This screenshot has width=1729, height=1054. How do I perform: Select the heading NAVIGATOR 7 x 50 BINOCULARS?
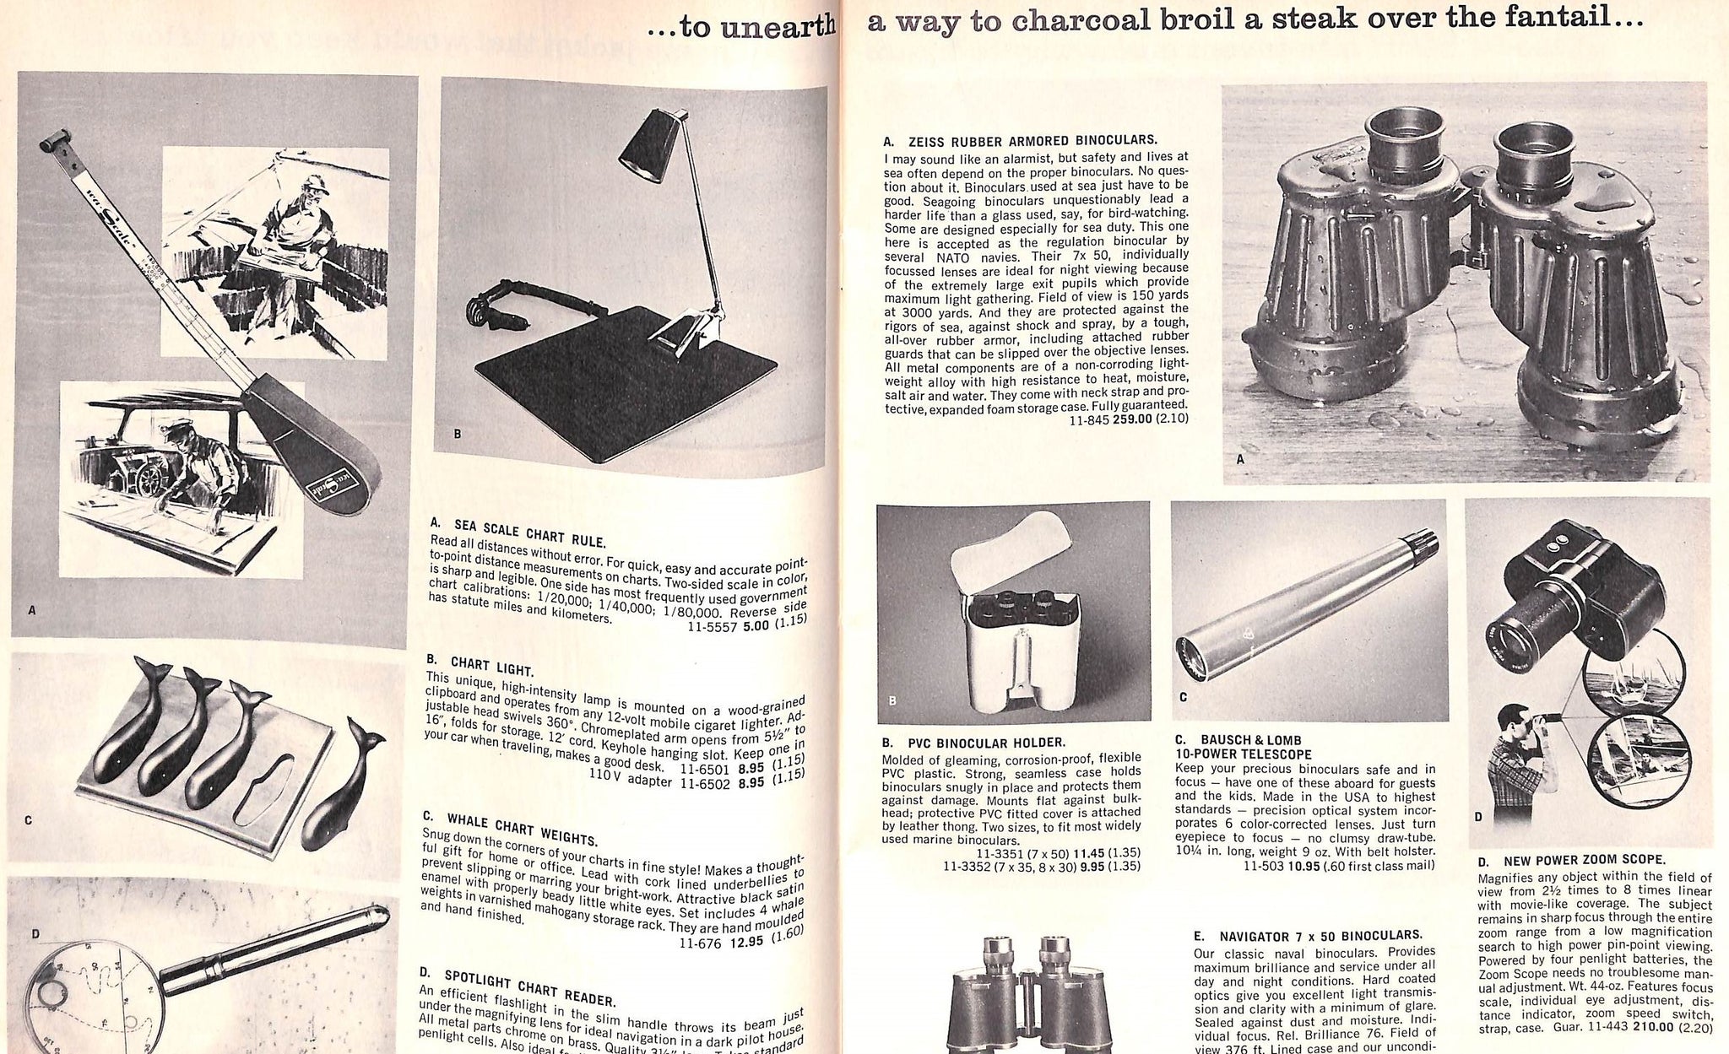click(1319, 935)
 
